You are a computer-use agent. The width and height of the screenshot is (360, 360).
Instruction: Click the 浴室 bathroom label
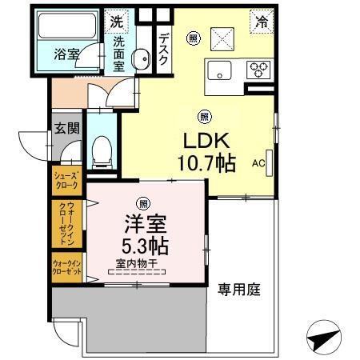[67, 56]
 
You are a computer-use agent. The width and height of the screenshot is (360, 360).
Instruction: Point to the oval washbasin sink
[140, 58]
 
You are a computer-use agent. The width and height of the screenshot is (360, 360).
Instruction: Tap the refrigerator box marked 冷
[261, 22]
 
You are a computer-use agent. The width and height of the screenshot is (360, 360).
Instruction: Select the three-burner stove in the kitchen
[258, 68]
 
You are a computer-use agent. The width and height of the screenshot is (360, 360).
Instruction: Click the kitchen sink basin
[219, 70]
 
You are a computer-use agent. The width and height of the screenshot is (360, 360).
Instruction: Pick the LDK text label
[206, 142]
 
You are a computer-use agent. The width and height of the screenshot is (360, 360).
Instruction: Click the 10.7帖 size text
[206, 164]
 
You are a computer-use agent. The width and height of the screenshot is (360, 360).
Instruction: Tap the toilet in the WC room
[102, 151]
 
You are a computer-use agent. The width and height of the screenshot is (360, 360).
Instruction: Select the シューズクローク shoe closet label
[66, 180]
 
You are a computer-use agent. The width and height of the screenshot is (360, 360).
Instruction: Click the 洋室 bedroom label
[143, 222]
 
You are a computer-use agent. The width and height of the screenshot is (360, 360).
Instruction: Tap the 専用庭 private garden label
[238, 289]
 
